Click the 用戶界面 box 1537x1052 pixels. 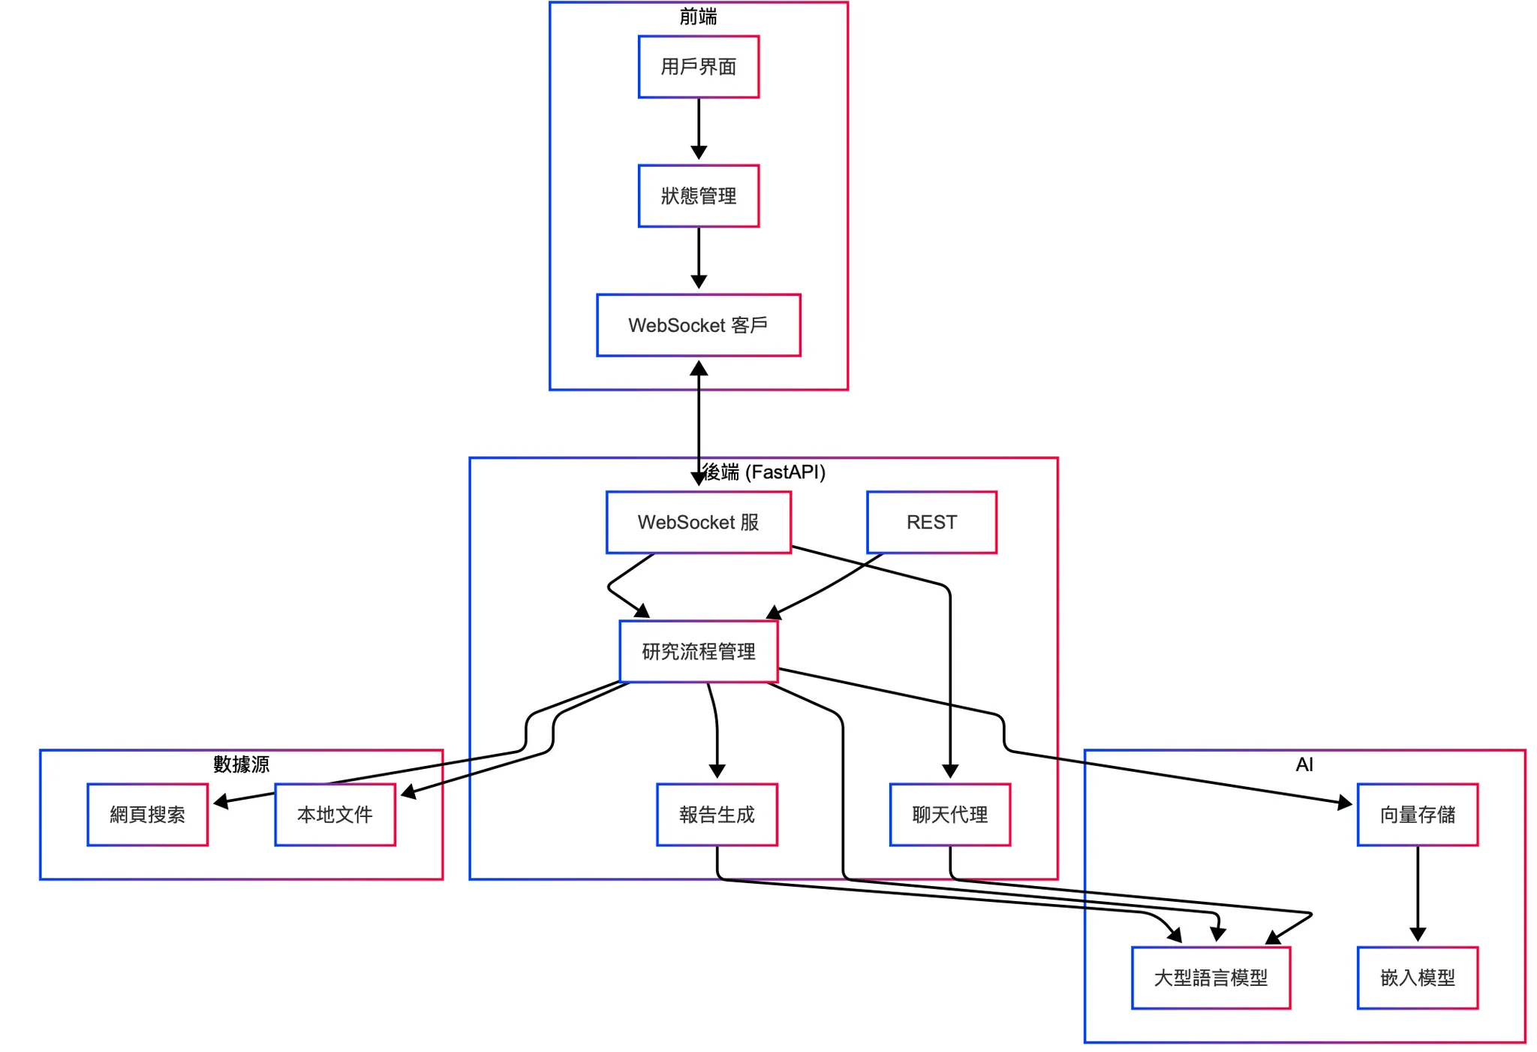point(698,67)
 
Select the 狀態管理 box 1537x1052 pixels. point(698,196)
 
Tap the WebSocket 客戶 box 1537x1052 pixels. point(698,325)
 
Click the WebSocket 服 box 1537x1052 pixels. point(698,523)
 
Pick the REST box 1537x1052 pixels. point(931,523)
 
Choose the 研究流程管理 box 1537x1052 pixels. point(698,652)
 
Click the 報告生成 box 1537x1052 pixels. point(717,815)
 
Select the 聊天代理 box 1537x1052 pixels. point(949,815)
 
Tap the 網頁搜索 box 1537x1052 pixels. point(147,815)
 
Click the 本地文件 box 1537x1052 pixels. point(335,815)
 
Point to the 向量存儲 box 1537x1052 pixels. point(1417,815)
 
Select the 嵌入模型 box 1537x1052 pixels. point(1417,978)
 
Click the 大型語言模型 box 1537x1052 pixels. point(1211,978)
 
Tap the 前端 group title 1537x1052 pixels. point(698,17)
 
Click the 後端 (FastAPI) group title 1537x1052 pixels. point(763,472)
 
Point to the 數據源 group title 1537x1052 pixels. point(241,764)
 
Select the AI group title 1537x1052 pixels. point(1304,764)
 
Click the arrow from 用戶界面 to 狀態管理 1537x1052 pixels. point(698,129)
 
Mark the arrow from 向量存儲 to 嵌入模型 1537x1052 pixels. point(1417,894)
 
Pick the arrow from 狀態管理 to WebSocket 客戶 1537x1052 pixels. point(698,258)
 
